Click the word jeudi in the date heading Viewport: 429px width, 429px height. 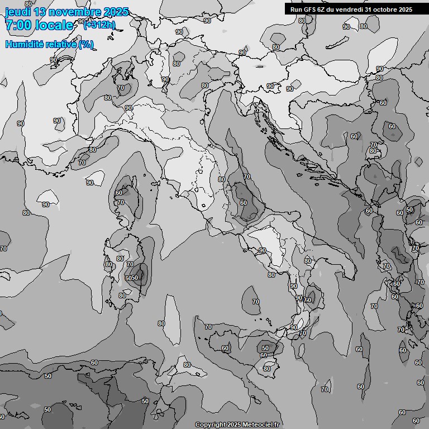[17, 12]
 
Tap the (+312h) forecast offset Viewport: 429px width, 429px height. [99, 25]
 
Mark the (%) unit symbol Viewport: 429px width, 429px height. [85, 44]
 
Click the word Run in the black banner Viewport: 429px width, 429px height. [297, 9]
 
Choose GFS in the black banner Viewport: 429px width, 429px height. [311, 9]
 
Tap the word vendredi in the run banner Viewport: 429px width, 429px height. [351, 9]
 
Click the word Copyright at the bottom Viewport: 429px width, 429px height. [210, 425]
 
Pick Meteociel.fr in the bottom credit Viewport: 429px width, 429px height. [261, 425]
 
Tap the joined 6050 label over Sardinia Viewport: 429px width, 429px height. [132, 278]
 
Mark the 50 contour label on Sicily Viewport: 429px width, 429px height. [265, 348]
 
